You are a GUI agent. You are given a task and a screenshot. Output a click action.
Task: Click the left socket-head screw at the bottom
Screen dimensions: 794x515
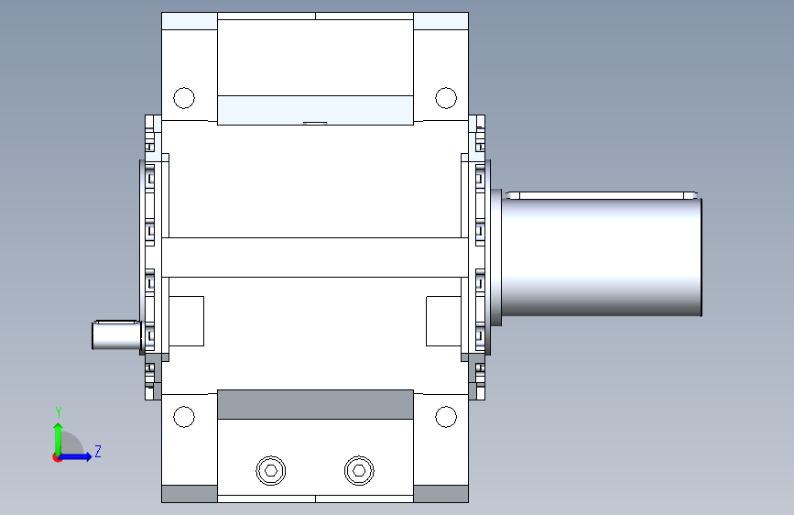point(271,470)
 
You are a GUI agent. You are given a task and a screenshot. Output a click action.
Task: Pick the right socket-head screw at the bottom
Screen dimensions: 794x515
point(359,470)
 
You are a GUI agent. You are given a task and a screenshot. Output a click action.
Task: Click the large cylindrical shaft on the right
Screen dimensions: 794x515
point(601,257)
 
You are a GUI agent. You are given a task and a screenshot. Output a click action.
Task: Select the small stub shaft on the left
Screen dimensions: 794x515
point(116,335)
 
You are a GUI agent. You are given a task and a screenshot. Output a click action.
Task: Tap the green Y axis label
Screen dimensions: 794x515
point(59,412)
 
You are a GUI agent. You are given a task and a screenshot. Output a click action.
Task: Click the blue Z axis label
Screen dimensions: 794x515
point(98,451)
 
